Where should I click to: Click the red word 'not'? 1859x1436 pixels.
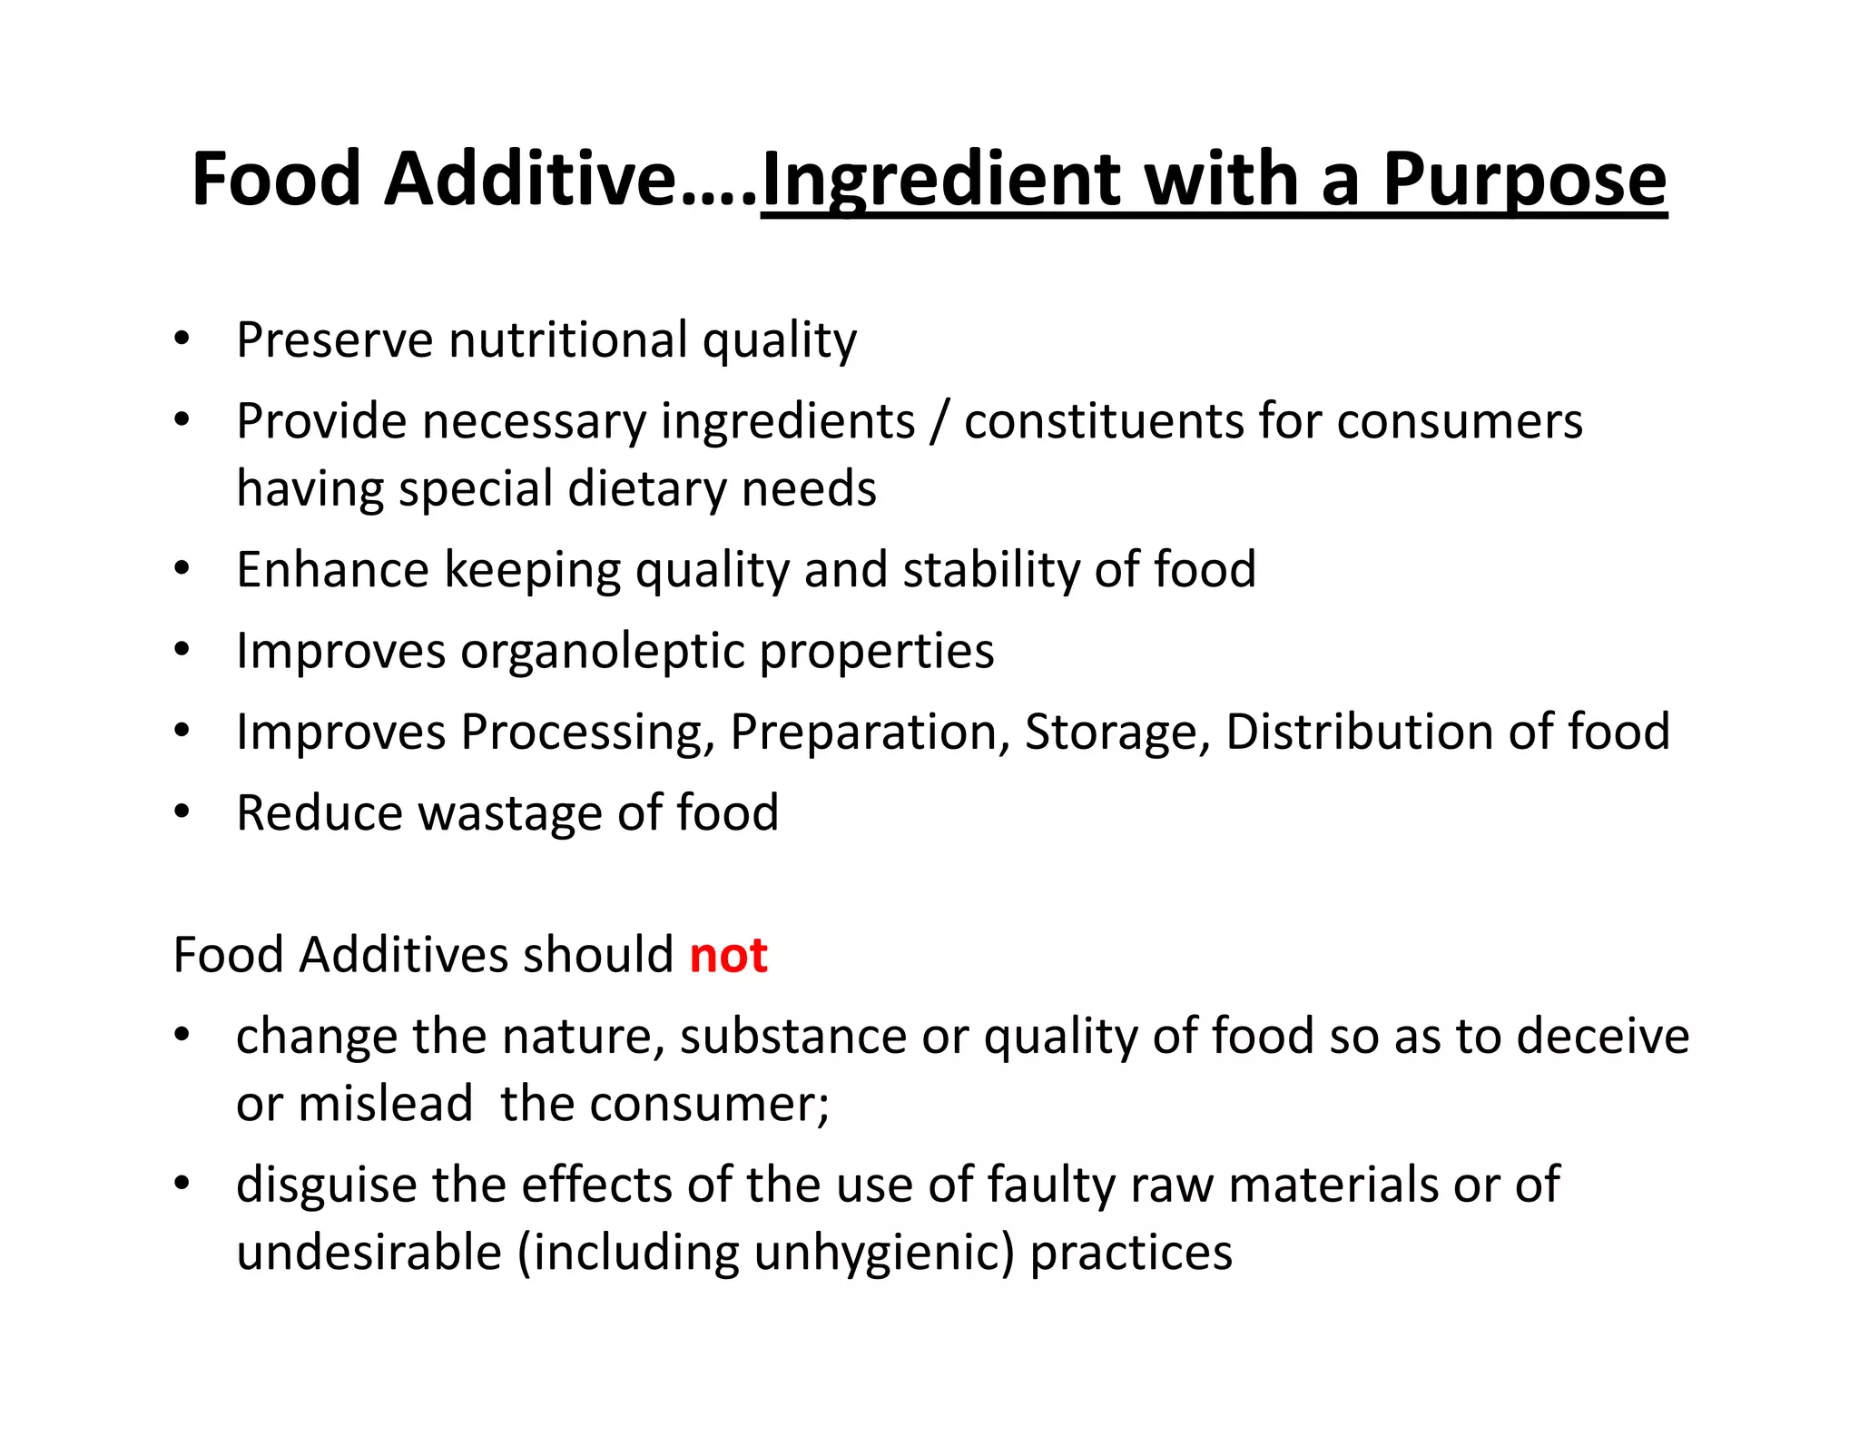point(728,956)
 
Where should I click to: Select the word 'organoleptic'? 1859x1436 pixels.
point(601,652)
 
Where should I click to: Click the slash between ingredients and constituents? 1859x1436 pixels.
point(939,422)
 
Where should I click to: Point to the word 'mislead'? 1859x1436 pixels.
point(386,1105)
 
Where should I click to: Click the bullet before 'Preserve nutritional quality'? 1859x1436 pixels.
point(182,339)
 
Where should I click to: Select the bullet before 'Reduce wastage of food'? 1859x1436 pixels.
point(182,811)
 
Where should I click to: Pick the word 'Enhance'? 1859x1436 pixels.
point(332,570)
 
